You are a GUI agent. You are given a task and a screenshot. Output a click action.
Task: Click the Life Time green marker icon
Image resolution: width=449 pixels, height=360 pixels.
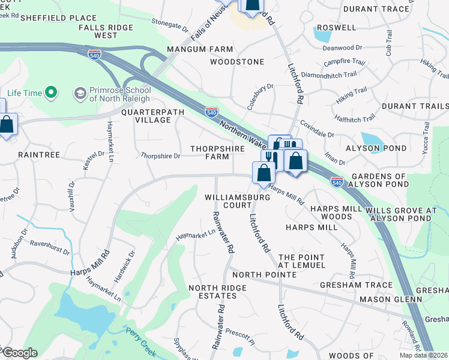click(51, 93)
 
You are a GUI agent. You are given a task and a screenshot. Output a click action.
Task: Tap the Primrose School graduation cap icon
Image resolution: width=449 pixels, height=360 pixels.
click(79, 93)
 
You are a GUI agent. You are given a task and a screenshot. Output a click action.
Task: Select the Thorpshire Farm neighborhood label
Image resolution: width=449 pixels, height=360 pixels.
click(210, 152)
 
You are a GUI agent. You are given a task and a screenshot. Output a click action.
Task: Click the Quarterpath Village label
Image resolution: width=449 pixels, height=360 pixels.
click(146, 116)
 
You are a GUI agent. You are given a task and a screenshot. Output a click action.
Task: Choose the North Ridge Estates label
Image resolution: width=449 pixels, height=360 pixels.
click(217, 293)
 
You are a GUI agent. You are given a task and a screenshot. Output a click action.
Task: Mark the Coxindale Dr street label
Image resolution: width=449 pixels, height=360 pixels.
click(317, 128)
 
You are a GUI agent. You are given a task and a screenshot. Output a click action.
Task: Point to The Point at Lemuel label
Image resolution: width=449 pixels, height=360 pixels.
click(301, 260)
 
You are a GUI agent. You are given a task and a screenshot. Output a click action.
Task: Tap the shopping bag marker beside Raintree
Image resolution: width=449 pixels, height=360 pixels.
click(6, 125)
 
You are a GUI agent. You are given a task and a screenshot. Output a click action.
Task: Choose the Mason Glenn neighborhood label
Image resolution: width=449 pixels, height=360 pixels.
click(384, 299)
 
